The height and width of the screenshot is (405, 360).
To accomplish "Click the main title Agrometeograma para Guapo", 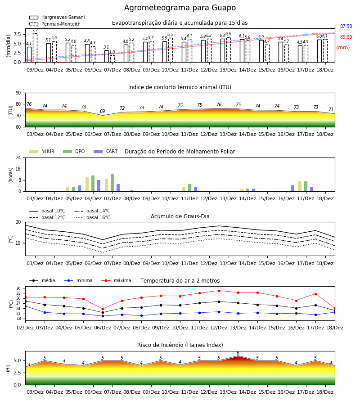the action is (180, 8).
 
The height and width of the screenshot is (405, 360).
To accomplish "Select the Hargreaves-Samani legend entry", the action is (57, 17).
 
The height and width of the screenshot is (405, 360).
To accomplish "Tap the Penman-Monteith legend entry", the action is (55, 24).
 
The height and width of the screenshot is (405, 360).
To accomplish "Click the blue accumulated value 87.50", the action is (346, 27).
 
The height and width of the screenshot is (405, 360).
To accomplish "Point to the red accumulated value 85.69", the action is (346, 37).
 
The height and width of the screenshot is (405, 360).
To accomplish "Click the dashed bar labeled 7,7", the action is (35, 48).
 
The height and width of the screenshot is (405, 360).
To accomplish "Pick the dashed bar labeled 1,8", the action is (112, 58).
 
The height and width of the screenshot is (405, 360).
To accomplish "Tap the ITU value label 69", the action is (103, 111).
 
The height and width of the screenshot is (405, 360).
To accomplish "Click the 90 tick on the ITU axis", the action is (18, 93).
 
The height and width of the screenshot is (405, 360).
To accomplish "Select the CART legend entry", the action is (106, 151).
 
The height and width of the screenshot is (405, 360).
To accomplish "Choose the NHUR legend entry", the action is (42, 151).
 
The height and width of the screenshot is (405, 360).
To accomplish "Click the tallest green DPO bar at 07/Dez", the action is (112, 183).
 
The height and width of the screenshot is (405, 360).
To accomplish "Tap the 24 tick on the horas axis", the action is (18, 157).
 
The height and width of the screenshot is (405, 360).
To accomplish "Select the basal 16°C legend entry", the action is (92, 217).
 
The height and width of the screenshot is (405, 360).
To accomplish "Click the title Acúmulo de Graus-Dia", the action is (180, 216).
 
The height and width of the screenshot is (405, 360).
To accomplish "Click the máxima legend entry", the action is (117, 280).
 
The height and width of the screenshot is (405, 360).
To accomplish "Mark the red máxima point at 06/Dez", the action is (103, 309).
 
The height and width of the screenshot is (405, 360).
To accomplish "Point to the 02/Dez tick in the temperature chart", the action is (25, 328).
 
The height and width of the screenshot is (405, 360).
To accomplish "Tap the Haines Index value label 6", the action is (238, 353).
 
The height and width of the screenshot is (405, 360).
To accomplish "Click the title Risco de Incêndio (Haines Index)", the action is (180, 345).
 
